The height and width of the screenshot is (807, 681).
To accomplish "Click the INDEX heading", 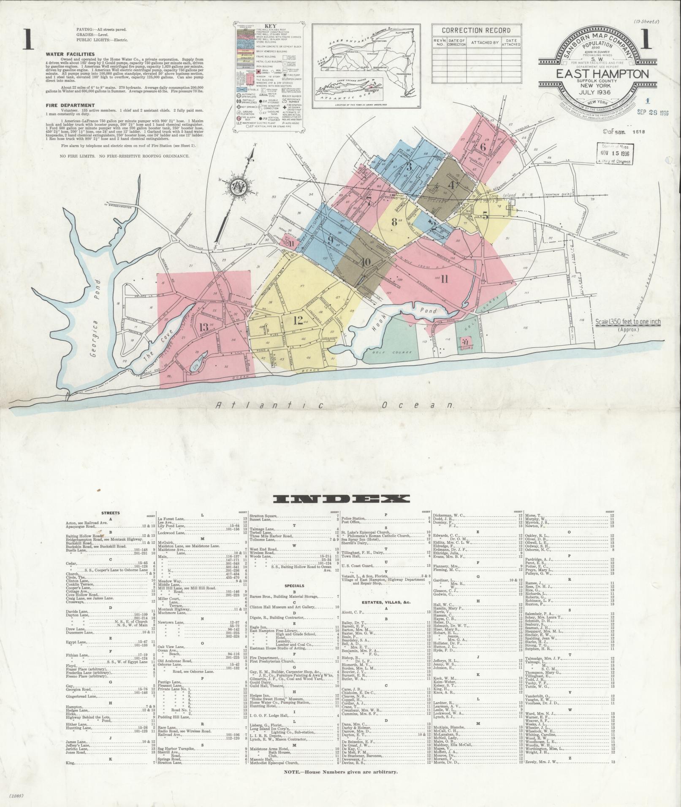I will (x=341, y=499).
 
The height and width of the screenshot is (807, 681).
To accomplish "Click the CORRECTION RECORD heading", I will (x=476, y=30).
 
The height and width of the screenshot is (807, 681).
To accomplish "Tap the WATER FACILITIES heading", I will (x=70, y=54).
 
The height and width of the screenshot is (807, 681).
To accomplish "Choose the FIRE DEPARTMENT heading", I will (x=71, y=105).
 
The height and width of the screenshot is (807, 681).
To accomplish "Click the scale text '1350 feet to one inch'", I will (x=628, y=322).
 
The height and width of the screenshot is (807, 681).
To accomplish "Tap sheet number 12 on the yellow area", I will (x=298, y=320).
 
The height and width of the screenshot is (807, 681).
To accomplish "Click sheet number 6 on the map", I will (x=483, y=147).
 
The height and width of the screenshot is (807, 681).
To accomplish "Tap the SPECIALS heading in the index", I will (x=294, y=586).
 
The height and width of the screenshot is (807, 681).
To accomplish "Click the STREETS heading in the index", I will (x=110, y=513).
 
